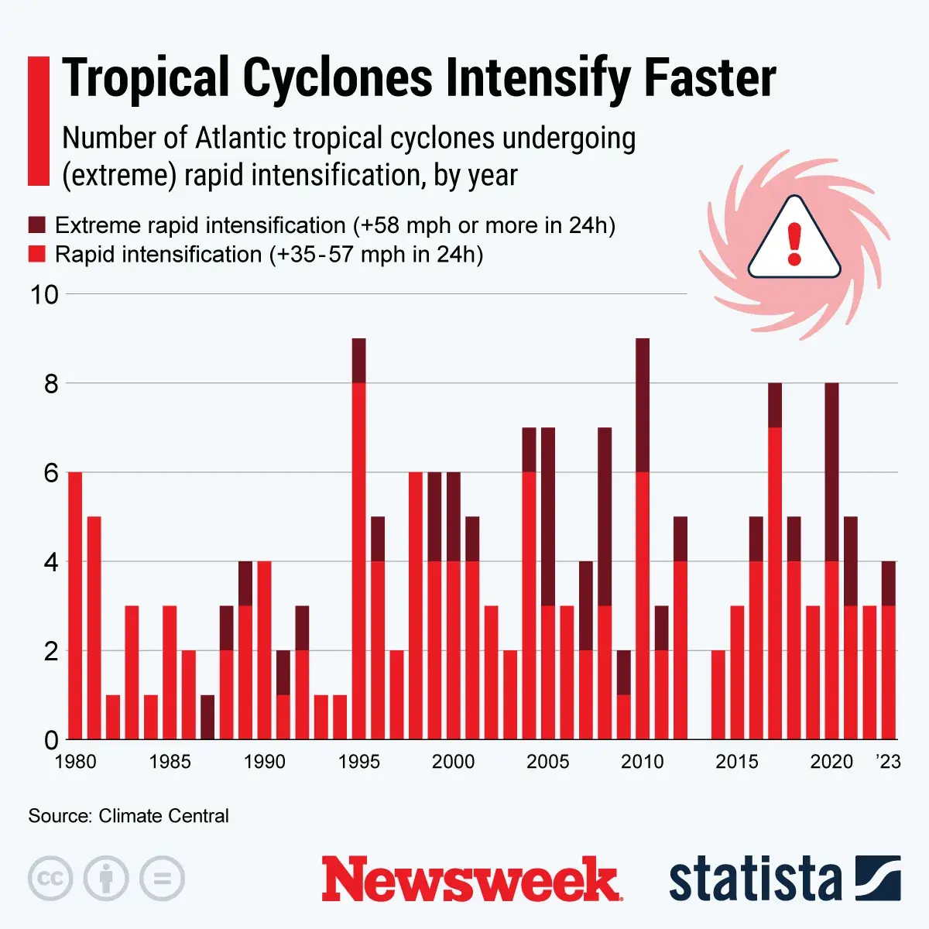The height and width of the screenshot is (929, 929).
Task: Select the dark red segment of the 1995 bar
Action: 358,361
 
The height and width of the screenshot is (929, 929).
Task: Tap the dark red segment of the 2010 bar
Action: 643,405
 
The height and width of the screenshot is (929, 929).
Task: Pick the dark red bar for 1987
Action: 207,717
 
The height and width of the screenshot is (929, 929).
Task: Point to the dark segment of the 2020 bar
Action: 831,471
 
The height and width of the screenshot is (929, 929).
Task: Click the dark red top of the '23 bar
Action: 889,583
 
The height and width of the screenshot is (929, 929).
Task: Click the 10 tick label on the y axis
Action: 44,294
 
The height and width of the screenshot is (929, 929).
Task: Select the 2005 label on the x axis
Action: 548,762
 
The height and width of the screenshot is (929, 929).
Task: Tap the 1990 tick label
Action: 264,762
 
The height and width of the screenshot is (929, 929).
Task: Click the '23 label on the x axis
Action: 889,762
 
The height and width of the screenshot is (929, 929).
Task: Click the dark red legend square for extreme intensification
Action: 37,225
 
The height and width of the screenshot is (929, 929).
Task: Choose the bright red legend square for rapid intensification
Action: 37,254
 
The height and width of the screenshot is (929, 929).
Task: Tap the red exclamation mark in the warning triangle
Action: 794,243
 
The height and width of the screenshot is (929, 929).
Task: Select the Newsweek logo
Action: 471,879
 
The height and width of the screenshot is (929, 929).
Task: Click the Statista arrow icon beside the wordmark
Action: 878,878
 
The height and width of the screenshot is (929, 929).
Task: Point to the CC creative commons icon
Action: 50,879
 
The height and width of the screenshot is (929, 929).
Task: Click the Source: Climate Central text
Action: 129,816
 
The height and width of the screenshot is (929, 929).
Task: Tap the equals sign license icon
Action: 162,879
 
